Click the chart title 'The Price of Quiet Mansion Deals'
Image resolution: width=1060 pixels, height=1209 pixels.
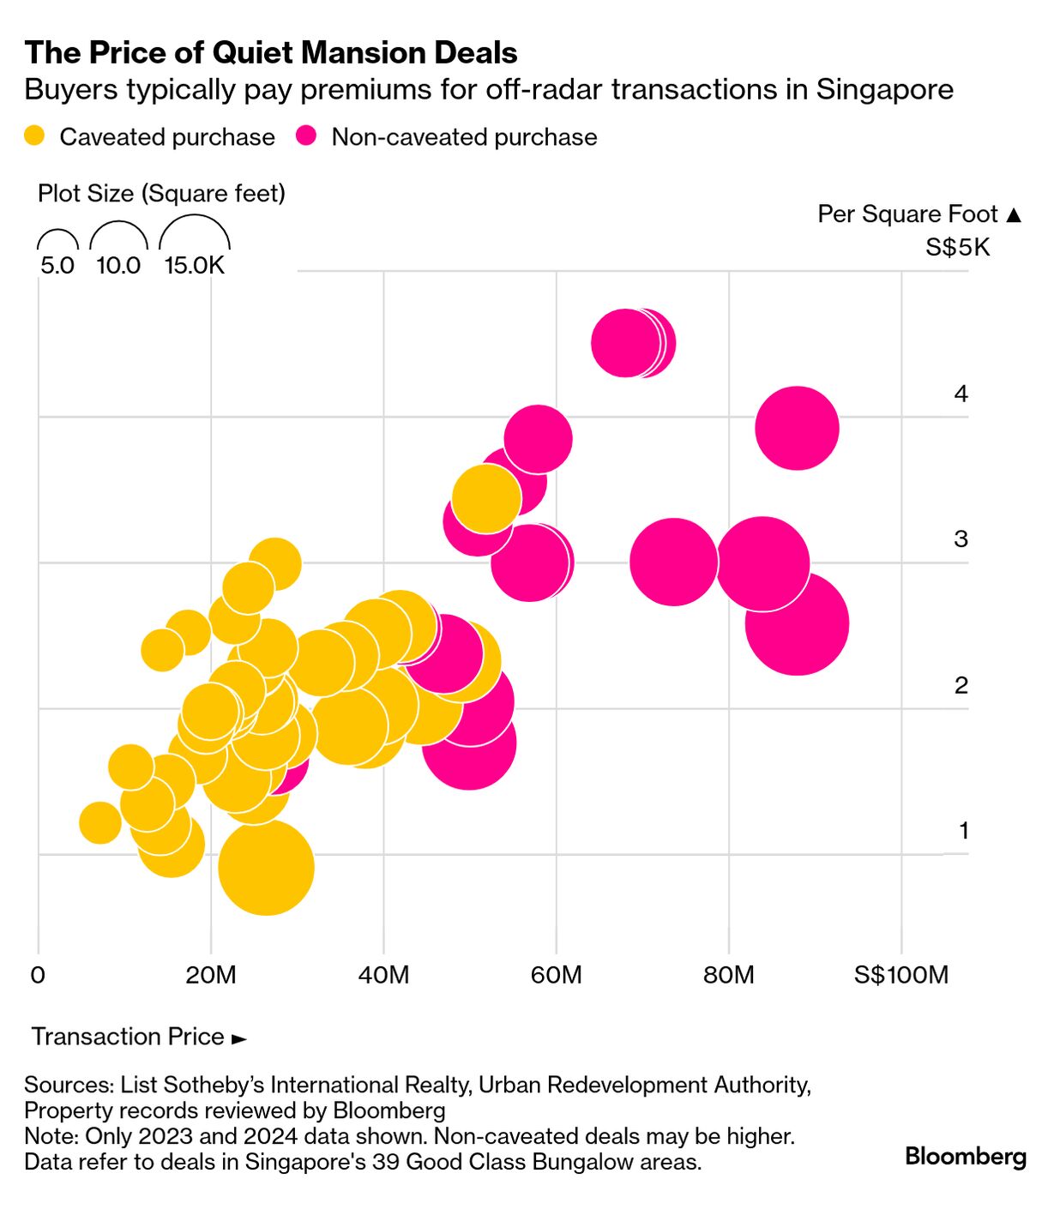[271, 53]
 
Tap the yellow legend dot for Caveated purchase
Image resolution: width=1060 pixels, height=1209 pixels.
[34, 136]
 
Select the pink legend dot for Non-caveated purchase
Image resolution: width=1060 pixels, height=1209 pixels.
[306, 136]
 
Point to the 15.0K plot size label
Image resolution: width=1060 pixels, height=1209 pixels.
[195, 265]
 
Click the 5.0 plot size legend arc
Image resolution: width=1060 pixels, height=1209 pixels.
[57, 240]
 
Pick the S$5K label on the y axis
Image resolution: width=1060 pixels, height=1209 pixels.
[957, 248]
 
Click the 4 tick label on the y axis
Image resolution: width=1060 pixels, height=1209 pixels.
[961, 394]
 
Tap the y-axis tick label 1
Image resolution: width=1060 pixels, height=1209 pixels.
[963, 830]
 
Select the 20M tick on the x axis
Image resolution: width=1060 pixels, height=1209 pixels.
[211, 975]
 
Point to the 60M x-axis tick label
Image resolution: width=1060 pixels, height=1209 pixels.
[556, 975]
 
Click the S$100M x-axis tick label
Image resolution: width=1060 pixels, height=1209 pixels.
[901, 975]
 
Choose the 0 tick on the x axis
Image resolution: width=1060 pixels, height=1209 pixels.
[38, 975]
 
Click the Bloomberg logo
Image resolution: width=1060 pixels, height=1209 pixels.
[966, 1156]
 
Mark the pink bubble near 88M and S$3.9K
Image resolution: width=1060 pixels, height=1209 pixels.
[797, 428]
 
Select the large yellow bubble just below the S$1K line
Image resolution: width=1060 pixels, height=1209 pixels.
[266, 867]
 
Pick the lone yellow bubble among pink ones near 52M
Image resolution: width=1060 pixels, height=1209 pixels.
[486, 497]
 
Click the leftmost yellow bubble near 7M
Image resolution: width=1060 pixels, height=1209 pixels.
[99, 823]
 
